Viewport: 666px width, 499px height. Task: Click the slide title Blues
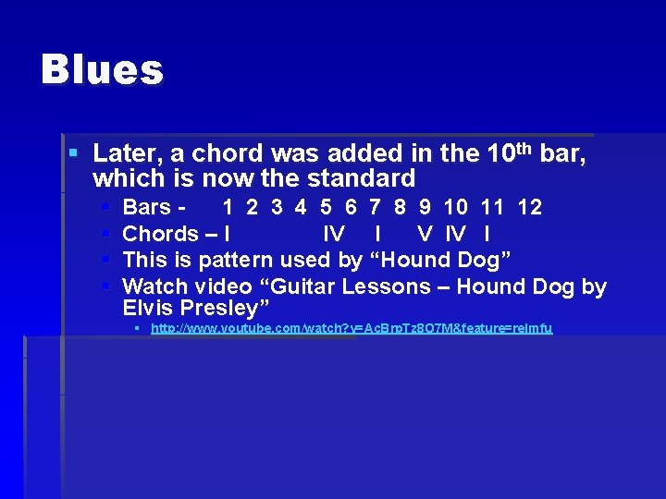tap(102, 70)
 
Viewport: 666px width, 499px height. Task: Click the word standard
tap(363, 177)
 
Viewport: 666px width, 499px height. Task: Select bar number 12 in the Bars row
tap(530, 207)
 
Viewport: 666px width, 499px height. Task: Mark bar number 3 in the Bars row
tap(277, 207)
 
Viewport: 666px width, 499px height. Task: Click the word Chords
tap(160, 234)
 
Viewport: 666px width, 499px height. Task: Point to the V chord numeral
tap(425, 234)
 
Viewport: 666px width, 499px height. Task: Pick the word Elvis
tap(146, 308)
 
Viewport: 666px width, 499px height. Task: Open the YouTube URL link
tap(351, 329)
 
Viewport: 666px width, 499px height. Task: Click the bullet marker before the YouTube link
tap(137, 329)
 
